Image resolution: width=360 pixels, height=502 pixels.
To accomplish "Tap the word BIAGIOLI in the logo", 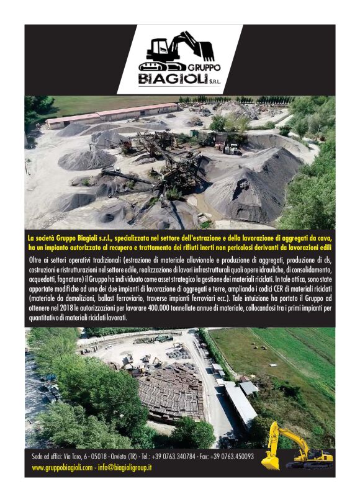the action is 169,79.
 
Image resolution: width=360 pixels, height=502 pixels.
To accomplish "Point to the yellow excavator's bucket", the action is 271,462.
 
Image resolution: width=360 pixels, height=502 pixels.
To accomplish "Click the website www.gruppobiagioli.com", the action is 62,467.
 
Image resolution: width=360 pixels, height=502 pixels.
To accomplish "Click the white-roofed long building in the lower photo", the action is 240,403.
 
